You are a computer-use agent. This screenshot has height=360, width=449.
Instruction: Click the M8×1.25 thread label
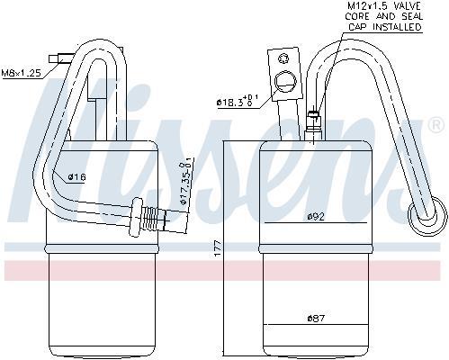(21, 73)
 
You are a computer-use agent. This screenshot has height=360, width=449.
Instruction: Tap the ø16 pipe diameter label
(76, 177)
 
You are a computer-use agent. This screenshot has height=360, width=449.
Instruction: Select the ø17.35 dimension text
(184, 184)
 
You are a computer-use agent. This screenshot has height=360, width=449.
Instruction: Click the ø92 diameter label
(316, 217)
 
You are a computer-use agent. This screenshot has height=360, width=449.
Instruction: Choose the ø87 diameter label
(316, 318)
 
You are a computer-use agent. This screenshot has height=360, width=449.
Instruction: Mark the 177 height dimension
(218, 247)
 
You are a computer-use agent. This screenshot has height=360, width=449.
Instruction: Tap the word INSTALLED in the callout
(397, 26)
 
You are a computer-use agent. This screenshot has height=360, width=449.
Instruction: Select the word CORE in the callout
(357, 16)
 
